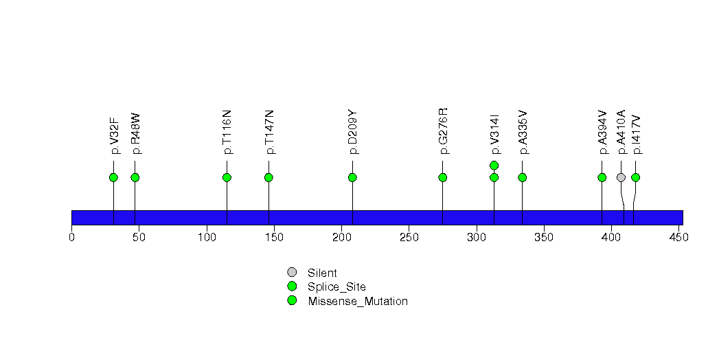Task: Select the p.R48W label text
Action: coord(136,133)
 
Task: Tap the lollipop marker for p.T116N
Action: coord(227,177)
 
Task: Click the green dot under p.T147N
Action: coord(269,177)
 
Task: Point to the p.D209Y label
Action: coord(352,132)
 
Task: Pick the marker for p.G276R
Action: coord(442,177)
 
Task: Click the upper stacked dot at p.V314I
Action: coord(494,165)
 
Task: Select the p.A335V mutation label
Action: coord(523,132)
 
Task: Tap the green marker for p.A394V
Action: coord(602,177)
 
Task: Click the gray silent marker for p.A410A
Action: coord(621,177)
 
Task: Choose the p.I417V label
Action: coord(636,135)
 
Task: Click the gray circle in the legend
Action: coord(292,273)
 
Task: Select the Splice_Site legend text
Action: coord(337,287)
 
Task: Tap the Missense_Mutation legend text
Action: coord(358,302)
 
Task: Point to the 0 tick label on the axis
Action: coord(71,237)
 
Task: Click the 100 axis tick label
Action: coord(207,237)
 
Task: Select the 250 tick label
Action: coord(409,237)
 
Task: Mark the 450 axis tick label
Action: coord(679,237)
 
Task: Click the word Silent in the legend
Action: coord(322,273)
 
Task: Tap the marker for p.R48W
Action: coord(135,177)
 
